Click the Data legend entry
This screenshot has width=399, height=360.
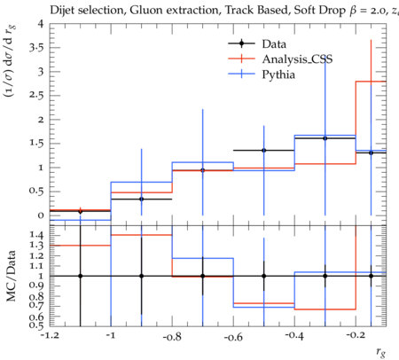coord(257,43)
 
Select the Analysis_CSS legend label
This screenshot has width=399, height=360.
coord(297,59)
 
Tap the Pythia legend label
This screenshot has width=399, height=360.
coord(278,74)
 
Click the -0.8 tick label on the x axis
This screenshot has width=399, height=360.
coord(172,336)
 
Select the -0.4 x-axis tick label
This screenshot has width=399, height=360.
coord(294,335)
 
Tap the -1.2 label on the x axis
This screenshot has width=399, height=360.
coord(50,335)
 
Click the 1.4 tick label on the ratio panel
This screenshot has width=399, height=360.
coord(36,235)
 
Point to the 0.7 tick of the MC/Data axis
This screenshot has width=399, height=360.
coord(36,305)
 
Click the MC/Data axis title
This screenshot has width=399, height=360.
coord(11,276)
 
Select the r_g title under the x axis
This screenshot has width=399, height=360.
coord(381,352)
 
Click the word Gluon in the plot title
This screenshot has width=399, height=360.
coord(147,10)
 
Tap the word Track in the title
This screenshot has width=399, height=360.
coord(239,10)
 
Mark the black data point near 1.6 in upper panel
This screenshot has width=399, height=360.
coord(325,138)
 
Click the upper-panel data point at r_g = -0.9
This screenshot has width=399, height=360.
coord(142,200)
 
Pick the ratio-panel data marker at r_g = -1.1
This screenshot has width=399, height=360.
coord(80,276)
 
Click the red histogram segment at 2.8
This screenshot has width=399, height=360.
coord(371,82)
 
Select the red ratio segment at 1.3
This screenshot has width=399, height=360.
coord(80,246)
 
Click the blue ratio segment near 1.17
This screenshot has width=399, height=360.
coord(203,258)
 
